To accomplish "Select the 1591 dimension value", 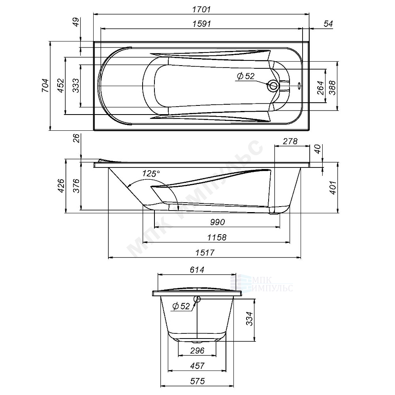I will pos(202,24).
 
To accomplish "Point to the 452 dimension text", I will pos(60,85).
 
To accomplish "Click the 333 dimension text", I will pos(75,85).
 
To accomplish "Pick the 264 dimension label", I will pos(320,88).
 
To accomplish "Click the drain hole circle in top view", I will pos(273,86).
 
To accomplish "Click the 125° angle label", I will pos(152,173).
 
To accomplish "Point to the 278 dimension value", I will pos(290,141).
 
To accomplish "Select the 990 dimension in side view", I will pos(217,222).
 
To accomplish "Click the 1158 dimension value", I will pos(217,237).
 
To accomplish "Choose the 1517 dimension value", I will pos(205,253).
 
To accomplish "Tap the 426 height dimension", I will pos(61,186).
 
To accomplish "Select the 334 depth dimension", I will pos(249,318).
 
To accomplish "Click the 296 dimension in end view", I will pos(197,351).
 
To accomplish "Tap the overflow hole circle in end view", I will pos(197,299).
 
